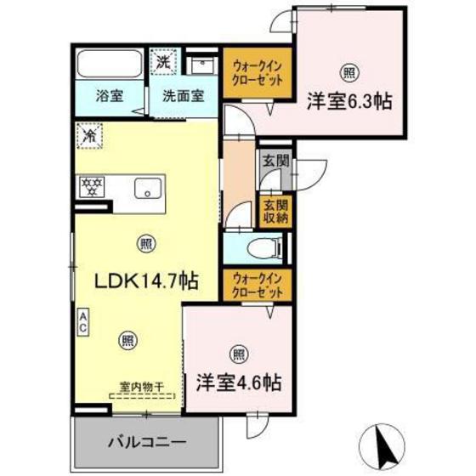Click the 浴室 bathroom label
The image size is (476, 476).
[x=109, y=97]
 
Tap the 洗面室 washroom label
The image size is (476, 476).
[x=184, y=97]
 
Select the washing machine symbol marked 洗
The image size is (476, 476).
[x=162, y=61]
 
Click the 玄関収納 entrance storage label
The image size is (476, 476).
[x=275, y=211]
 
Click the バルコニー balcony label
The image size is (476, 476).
[x=146, y=443]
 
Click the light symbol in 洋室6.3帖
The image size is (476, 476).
[x=348, y=71]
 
